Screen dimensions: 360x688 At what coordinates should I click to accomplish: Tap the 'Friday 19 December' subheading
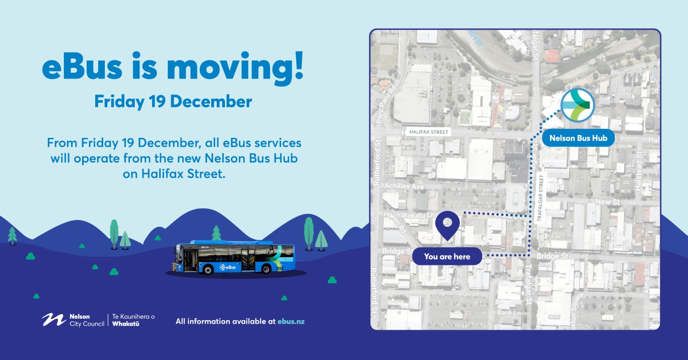coord(173,102)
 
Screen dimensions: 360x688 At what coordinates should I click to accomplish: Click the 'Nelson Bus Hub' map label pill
coord(578,138)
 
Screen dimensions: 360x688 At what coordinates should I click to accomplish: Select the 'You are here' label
coord(447,256)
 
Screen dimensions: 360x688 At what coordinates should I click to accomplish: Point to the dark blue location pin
coord(447,225)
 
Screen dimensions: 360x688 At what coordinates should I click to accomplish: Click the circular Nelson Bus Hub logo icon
coord(578,105)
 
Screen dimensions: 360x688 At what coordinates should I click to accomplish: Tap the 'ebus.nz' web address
coord(291,321)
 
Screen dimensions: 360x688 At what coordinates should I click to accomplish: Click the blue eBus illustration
coord(235,257)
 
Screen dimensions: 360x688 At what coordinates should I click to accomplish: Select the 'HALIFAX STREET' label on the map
coord(429,132)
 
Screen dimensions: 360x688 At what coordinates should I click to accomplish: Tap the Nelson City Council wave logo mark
coord(53,319)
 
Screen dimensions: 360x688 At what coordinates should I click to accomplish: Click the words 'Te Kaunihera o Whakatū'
coord(133,320)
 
